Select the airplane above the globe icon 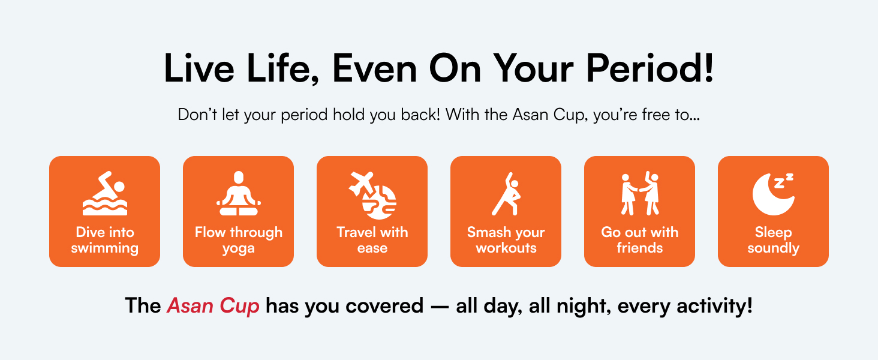coord(362,183)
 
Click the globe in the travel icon coord(379,203)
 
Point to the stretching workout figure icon coord(506,194)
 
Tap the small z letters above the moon coord(783,181)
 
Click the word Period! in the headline coord(650,68)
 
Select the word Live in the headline coord(199,68)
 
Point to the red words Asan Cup coord(213,306)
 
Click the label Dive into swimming coord(105,240)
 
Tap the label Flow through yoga coord(238,240)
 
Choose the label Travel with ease coord(372,239)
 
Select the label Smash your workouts coord(506,240)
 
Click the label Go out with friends coord(640,239)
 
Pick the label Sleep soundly coord(773,240)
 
